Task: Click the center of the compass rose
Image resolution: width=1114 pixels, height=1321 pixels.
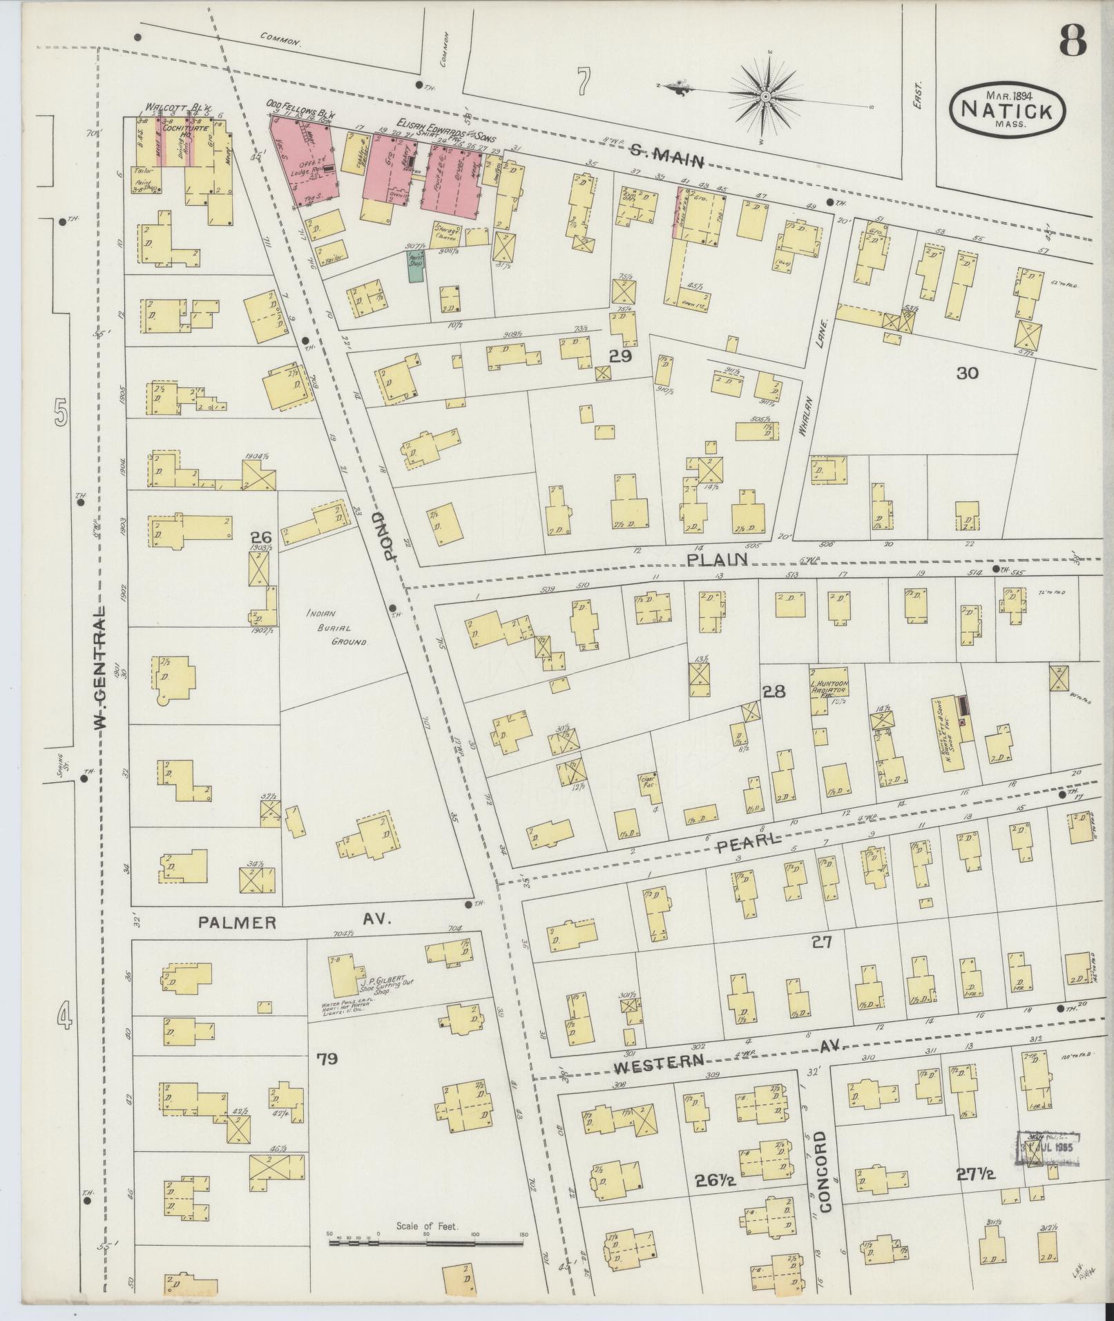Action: pyautogui.click(x=767, y=95)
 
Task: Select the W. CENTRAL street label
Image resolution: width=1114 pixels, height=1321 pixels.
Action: pyautogui.click(x=101, y=668)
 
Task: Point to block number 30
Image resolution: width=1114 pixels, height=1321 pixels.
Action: pyautogui.click(x=968, y=374)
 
